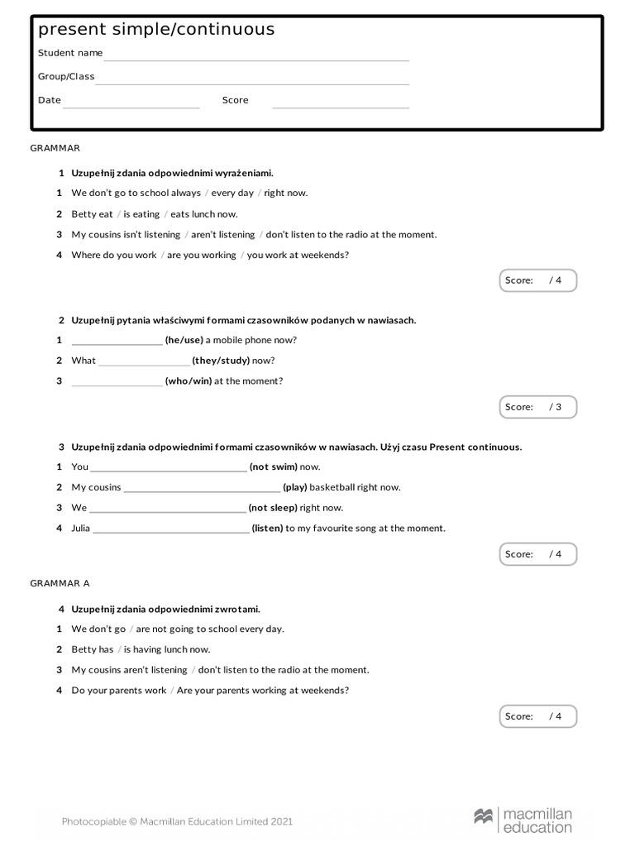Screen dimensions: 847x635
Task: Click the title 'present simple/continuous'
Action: tap(156, 30)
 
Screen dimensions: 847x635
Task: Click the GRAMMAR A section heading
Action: tap(60, 583)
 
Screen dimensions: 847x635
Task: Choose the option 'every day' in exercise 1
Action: tap(232, 193)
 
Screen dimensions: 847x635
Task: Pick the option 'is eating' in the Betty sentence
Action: tap(141, 214)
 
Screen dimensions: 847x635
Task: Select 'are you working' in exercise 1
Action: tap(201, 255)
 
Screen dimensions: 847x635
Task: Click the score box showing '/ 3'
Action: tap(537, 407)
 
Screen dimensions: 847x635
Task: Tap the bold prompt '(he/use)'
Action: tap(184, 340)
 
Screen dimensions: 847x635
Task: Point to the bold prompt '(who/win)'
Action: tap(189, 381)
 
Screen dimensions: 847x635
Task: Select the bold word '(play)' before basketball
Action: tap(295, 487)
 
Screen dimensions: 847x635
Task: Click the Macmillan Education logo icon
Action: tap(484, 816)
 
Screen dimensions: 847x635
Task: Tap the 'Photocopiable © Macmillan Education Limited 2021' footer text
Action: tap(177, 821)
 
